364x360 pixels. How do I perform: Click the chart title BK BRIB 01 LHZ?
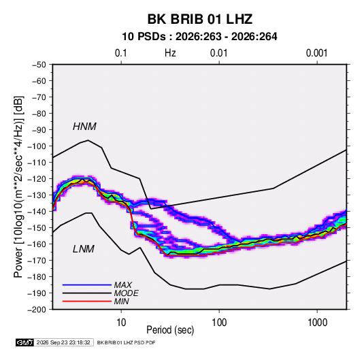pyautogui.click(x=199, y=19)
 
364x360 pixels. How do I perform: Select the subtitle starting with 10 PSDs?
pyautogui.click(x=199, y=37)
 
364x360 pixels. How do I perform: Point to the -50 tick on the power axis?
pyautogui.click(x=39, y=65)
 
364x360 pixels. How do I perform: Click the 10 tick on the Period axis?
pyautogui.click(x=121, y=323)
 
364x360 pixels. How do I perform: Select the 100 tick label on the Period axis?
pyautogui.click(x=219, y=323)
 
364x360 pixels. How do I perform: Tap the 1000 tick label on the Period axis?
pyautogui.click(x=317, y=323)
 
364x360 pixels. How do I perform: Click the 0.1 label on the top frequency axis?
pyautogui.click(x=121, y=53)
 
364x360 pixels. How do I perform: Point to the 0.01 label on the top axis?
pyautogui.click(x=218, y=53)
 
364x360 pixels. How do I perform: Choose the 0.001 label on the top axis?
pyautogui.click(x=316, y=53)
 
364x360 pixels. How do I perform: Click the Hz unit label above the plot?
pyautogui.click(x=170, y=53)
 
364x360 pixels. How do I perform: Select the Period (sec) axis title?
pyautogui.click(x=170, y=330)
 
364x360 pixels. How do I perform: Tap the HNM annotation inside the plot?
pyautogui.click(x=84, y=127)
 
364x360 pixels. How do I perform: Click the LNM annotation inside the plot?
pyautogui.click(x=84, y=249)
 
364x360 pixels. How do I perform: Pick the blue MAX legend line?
pyautogui.click(x=87, y=284)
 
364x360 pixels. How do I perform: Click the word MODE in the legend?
pyautogui.click(x=127, y=293)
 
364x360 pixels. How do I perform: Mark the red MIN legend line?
pyautogui.click(x=87, y=301)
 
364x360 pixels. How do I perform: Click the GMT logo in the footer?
pyautogui.click(x=25, y=342)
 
